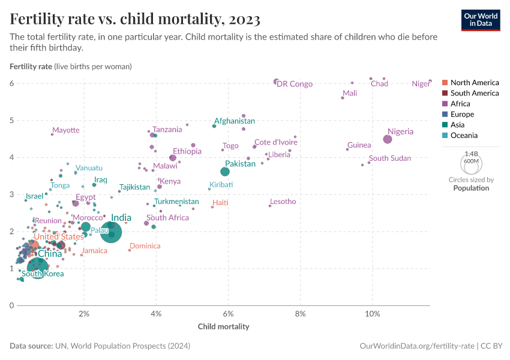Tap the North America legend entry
[x=474, y=83]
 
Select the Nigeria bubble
[x=388, y=139]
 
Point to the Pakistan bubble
[x=225, y=172]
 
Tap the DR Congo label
[x=295, y=84]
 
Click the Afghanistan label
[x=235, y=121]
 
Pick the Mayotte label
[x=65, y=130]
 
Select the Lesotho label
[x=283, y=202]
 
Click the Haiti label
[x=221, y=203]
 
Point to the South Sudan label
[x=390, y=158]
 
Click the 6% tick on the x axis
[x=228, y=314]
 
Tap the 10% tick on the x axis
[x=372, y=314]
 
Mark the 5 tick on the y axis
[x=11, y=121]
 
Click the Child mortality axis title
[x=223, y=327]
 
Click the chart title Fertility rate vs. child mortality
[x=135, y=20]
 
